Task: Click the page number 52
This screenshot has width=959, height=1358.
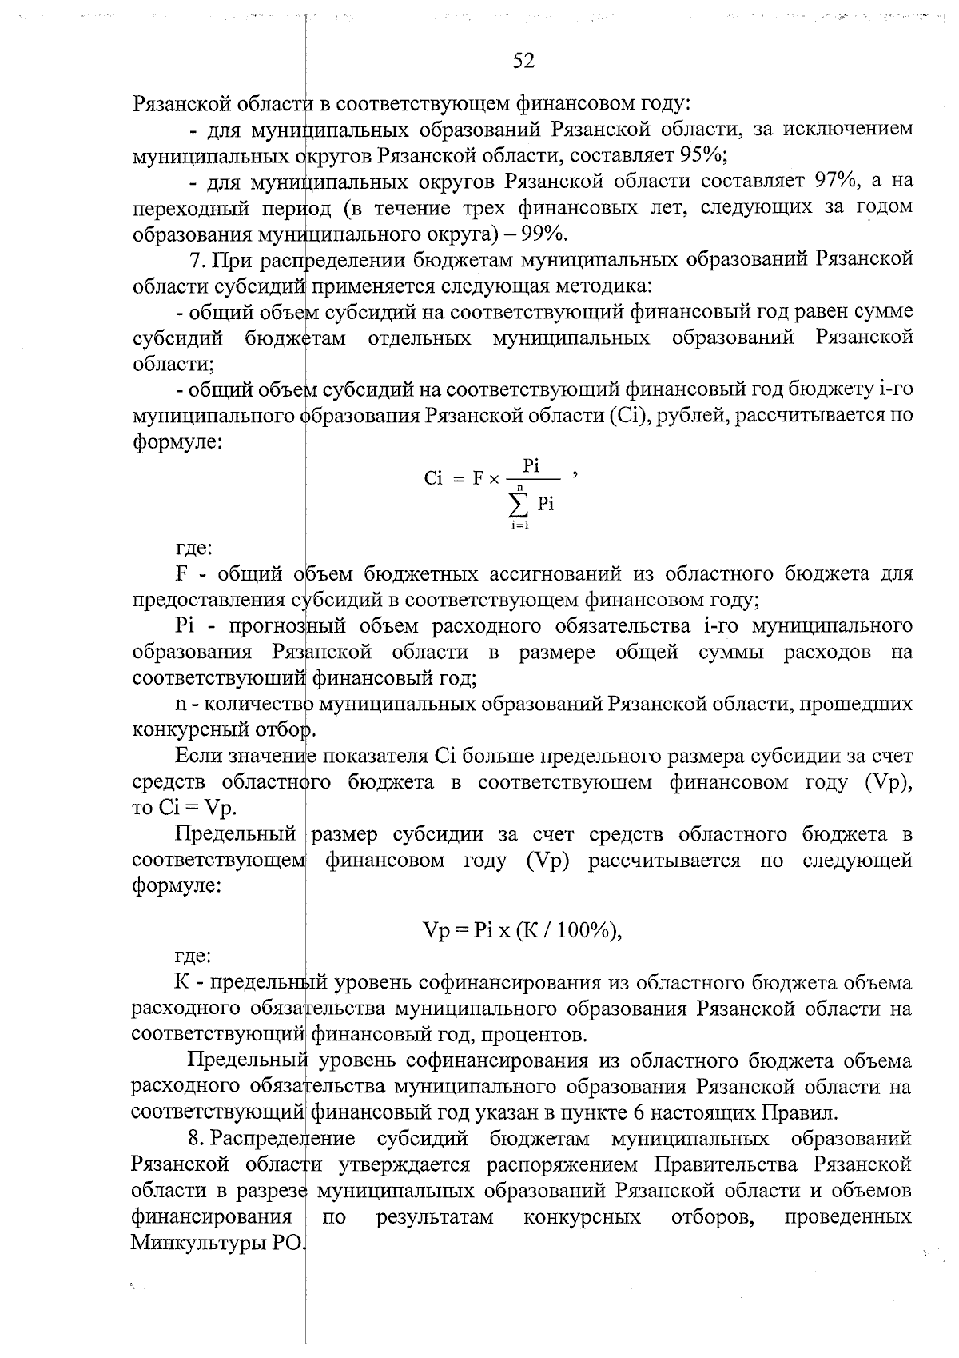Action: (523, 61)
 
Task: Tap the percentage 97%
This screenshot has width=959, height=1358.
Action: (836, 181)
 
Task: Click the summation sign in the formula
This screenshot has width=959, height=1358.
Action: (520, 504)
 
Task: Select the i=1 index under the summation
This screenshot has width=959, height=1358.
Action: (520, 525)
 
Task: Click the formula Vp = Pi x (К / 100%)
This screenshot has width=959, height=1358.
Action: (522, 929)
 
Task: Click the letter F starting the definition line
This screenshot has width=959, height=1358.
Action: (181, 574)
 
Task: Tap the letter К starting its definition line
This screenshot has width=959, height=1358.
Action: (181, 981)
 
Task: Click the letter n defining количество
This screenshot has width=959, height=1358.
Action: (181, 704)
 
